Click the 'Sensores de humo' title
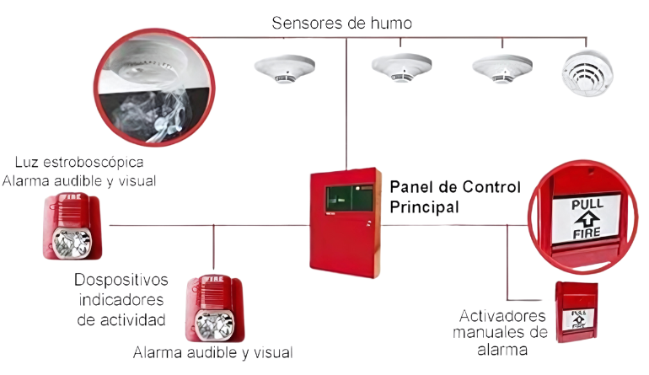pyautogui.click(x=341, y=23)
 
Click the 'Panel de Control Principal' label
pyautogui.click(x=455, y=195)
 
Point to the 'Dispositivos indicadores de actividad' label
pyautogui.click(x=121, y=299)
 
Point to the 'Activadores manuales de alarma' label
pyautogui.click(x=504, y=332)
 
